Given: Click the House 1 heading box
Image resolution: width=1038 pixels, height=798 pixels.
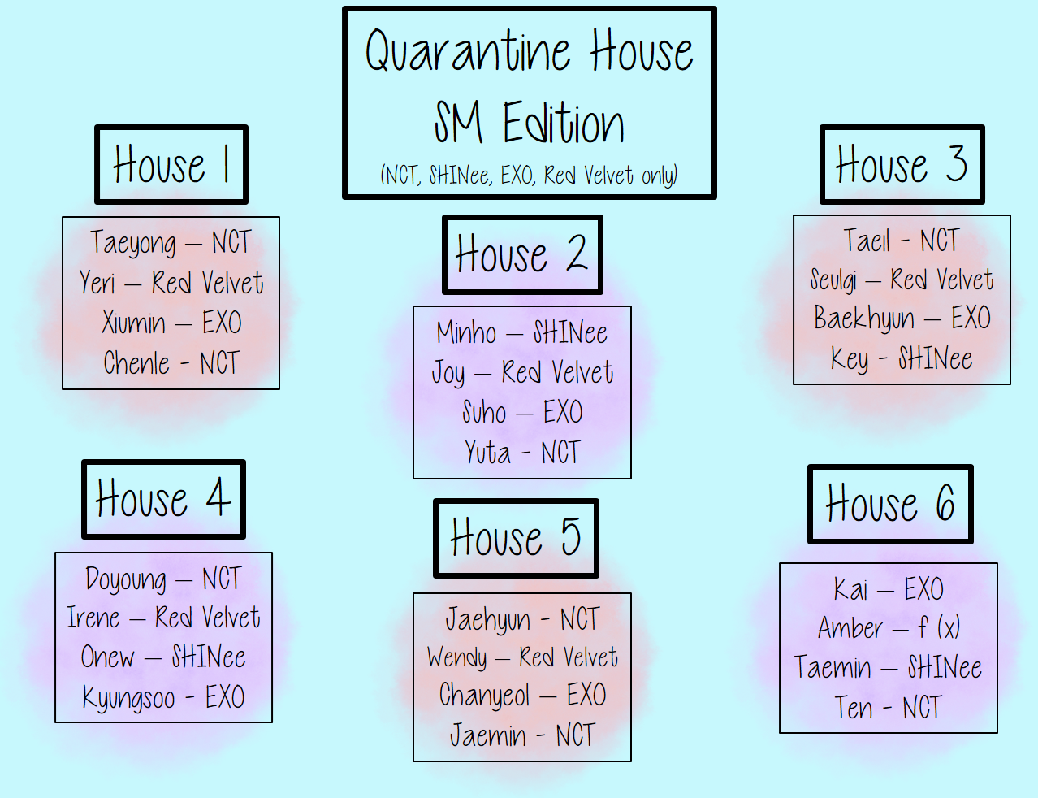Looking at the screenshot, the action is [171, 164].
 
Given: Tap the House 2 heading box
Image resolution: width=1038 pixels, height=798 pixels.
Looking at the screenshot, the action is [522, 254].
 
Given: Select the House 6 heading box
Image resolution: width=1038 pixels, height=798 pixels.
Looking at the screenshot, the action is [890, 504].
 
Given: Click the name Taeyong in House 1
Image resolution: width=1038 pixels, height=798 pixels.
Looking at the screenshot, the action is [133, 243].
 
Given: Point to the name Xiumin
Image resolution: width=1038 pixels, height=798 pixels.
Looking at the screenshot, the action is [133, 323].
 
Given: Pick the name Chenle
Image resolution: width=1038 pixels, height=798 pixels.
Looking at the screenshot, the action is [136, 362].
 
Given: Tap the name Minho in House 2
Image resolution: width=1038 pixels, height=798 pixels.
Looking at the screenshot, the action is [466, 332].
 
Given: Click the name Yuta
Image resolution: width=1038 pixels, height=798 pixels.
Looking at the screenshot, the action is [487, 452].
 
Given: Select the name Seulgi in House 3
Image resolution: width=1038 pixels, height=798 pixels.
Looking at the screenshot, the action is [833, 280].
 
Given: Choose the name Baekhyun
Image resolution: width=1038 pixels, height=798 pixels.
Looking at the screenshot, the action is [864, 319].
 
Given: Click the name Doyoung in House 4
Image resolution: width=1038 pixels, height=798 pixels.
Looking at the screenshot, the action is [126, 579].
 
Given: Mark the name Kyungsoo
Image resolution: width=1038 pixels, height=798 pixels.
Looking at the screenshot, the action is [128, 698].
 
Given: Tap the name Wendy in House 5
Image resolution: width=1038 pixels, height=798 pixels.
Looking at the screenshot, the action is [457, 657].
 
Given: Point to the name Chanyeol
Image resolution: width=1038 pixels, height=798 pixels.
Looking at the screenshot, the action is [484, 696].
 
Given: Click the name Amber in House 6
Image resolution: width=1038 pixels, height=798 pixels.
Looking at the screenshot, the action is [850, 628].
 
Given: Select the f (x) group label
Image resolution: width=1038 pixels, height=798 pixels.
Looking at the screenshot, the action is [939, 627].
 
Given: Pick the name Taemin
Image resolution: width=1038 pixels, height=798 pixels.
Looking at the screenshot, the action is [833, 667].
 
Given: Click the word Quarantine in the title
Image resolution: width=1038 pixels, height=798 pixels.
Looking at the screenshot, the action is [468, 51].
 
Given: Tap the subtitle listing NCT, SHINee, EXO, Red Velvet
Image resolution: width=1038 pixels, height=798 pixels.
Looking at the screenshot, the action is [529, 175].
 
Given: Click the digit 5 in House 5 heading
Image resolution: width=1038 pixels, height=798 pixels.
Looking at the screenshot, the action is [571, 537].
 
